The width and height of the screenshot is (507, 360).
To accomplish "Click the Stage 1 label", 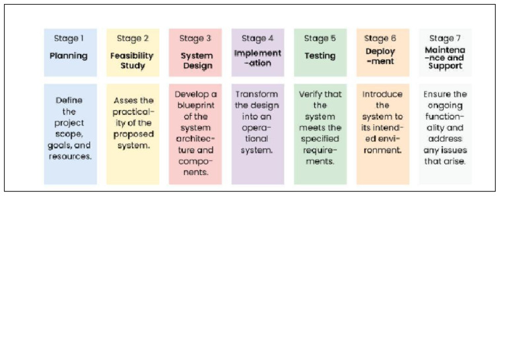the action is click(70, 38).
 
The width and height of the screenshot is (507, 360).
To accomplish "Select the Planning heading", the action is click(69, 55).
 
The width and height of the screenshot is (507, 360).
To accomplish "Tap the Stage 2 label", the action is click(132, 38).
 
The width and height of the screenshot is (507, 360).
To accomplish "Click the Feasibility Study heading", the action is click(132, 61).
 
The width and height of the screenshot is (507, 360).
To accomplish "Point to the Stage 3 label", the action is click(195, 38).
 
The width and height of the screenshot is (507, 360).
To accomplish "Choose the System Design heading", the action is click(197, 61).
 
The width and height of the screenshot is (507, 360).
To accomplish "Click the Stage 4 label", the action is click(257, 38).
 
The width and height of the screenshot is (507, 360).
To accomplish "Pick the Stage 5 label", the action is click(320, 38).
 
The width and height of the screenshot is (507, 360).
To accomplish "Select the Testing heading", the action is click(320, 55).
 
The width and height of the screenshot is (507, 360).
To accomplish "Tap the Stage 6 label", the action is click(380, 38).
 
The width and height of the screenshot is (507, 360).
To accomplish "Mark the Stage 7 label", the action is click(445, 38).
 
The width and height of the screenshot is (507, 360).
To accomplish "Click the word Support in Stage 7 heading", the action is click(445, 66).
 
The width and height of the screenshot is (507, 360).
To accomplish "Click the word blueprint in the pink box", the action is click(196, 106).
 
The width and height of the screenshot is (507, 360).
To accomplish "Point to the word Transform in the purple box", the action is click(257, 94).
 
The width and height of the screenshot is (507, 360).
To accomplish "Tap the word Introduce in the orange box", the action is click(382, 94).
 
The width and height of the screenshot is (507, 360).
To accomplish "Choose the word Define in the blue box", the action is click(69, 100).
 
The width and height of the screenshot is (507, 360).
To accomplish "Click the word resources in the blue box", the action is click(69, 157).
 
